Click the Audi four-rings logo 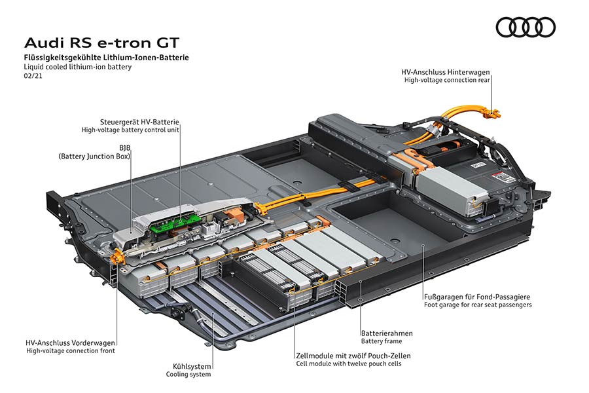[x=525, y=28]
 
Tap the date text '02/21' [x=33, y=77]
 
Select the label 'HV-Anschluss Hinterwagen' [x=446, y=71]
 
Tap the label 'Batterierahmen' [x=387, y=333]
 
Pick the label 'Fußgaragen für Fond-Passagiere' [x=477, y=296]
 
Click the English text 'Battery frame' [x=382, y=341]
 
